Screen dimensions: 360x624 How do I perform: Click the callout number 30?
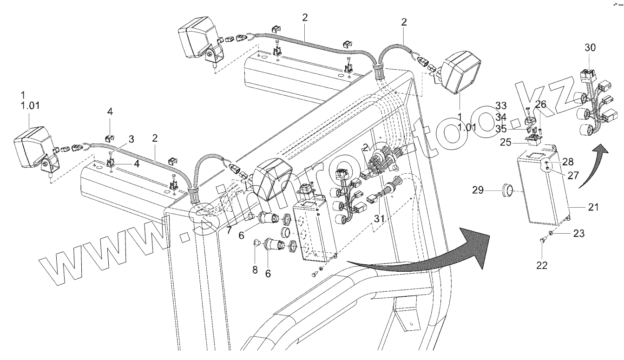590,48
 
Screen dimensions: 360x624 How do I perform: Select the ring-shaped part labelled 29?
508,190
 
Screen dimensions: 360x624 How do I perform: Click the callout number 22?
542,265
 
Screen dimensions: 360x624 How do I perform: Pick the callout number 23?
579,234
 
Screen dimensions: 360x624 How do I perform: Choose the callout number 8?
255,270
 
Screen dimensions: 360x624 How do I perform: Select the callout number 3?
131,139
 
